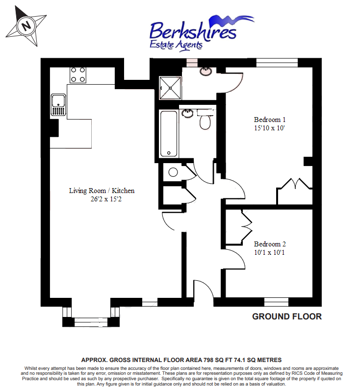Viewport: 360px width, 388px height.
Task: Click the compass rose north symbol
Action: [x=26, y=26]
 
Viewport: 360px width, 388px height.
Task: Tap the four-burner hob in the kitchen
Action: [x=78, y=75]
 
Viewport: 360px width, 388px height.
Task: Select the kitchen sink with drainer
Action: [x=58, y=105]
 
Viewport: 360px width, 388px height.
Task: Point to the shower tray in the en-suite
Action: [x=170, y=88]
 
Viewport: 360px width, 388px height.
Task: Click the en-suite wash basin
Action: [x=206, y=71]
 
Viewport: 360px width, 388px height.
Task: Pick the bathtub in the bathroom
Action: [x=169, y=134]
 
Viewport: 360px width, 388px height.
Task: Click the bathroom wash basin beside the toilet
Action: [x=187, y=113]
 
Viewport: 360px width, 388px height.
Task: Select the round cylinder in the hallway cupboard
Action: [x=173, y=172]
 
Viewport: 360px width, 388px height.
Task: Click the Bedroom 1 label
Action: [x=270, y=120]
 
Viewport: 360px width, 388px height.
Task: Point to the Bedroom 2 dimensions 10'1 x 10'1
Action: [x=269, y=252]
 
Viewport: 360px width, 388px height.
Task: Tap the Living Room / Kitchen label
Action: [x=102, y=191]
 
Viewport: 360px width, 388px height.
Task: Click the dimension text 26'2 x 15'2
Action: [x=106, y=199]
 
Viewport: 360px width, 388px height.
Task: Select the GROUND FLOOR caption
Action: [x=287, y=316]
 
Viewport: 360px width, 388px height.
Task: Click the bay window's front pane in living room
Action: [x=91, y=322]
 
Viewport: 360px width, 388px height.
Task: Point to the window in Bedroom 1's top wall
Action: [x=277, y=63]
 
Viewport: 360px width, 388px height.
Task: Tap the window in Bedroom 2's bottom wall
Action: [x=276, y=302]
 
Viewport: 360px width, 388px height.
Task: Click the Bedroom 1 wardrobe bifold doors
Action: [x=295, y=184]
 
